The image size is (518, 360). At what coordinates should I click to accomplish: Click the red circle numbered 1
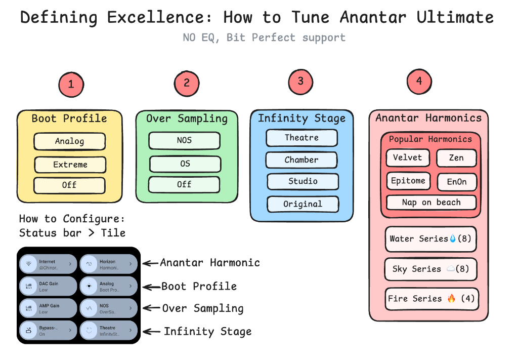coord(71,84)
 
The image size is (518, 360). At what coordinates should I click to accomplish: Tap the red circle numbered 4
coord(419,82)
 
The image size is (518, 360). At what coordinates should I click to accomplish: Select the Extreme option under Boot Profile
coord(70,165)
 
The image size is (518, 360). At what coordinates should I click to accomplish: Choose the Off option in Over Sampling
coord(185,184)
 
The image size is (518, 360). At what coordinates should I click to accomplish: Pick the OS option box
coord(185,164)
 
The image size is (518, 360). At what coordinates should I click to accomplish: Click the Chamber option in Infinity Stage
coord(301,159)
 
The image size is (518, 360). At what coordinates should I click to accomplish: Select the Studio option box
coord(303,181)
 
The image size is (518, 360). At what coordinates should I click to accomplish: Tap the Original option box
coord(303,204)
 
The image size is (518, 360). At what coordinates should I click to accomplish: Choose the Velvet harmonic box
coord(408,157)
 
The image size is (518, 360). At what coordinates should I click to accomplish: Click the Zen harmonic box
coord(456,158)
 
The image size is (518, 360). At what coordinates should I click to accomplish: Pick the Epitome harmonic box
coord(408,181)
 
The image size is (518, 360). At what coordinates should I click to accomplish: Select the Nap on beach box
coord(431,203)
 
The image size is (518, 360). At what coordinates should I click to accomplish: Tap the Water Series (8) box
coord(430,238)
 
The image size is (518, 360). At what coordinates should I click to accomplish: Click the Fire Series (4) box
coord(431,298)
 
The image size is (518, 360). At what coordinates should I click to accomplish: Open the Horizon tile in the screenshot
coord(109,264)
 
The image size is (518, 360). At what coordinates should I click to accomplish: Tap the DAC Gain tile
coord(48,286)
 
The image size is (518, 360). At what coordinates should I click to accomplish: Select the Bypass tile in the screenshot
coord(48,331)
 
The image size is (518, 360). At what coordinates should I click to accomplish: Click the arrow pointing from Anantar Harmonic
coord(150,263)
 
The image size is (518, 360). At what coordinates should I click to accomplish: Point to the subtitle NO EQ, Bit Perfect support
coord(264,37)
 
